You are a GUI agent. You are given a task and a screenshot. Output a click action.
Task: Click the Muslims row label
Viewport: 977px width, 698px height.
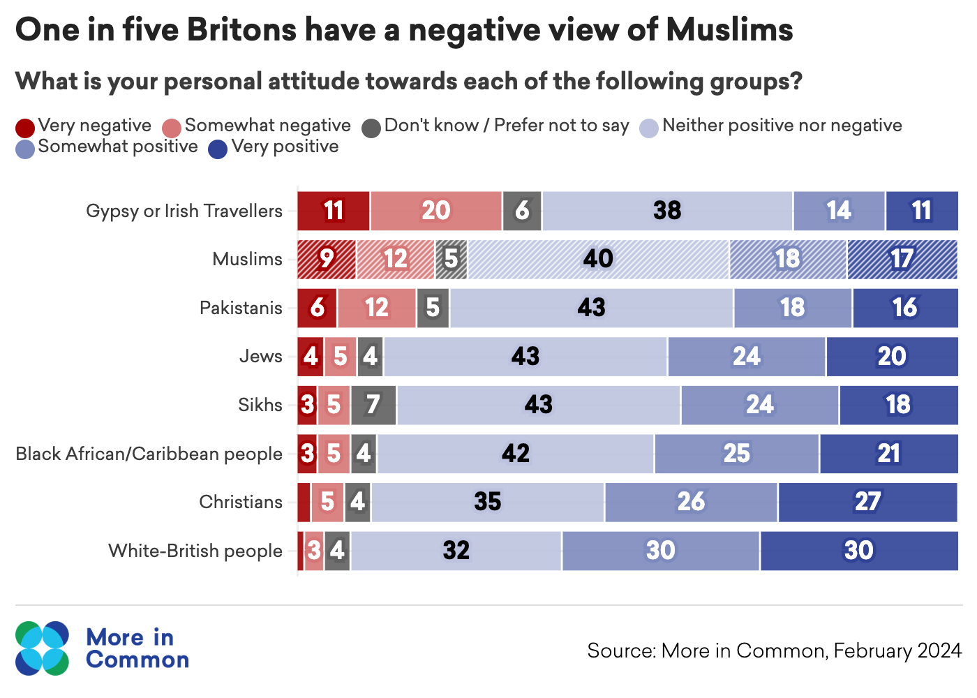pyautogui.click(x=247, y=259)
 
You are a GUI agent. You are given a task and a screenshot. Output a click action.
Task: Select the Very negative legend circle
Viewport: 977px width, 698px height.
pyautogui.click(x=25, y=128)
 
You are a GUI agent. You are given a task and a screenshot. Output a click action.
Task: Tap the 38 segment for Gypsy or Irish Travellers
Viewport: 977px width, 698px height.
pyautogui.click(x=667, y=211)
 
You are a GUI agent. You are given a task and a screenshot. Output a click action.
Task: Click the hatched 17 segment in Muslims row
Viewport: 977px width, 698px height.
pyautogui.click(x=902, y=259)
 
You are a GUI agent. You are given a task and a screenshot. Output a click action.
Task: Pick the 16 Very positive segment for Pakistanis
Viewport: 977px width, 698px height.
pyautogui.click(x=904, y=308)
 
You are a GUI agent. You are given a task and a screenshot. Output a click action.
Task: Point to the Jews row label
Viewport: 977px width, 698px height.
pyautogui.click(x=260, y=356)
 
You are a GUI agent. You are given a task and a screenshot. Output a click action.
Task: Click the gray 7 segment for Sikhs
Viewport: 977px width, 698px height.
pyautogui.click(x=373, y=405)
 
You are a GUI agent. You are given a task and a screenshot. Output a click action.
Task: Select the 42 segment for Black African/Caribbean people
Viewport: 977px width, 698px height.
pyautogui.click(x=515, y=454)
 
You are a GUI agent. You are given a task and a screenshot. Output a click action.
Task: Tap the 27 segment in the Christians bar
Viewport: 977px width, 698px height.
pyautogui.click(x=867, y=502)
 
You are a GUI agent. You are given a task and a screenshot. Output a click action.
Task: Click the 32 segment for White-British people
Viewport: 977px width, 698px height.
pyautogui.click(x=456, y=551)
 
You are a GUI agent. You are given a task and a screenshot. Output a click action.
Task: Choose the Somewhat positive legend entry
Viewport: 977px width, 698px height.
pyautogui.click(x=117, y=147)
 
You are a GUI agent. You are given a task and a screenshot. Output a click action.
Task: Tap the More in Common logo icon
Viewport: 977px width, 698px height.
pyautogui.click(x=43, y=648)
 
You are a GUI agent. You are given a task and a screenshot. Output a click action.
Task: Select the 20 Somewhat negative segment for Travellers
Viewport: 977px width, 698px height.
pyautogui.click(x=435, y=211)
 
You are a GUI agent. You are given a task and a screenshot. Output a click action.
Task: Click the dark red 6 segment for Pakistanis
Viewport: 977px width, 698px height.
pyautogui.click(x=317, y=308)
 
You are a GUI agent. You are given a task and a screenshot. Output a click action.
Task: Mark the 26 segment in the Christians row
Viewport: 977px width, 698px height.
pyautogui.click(x=691, y=502)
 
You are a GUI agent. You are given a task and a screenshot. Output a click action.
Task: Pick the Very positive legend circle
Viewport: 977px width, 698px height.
pyautogui.click(x=218, y=149)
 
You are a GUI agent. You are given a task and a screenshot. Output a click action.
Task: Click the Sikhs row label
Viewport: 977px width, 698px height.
pyautogui.click(x=260, y=405)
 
